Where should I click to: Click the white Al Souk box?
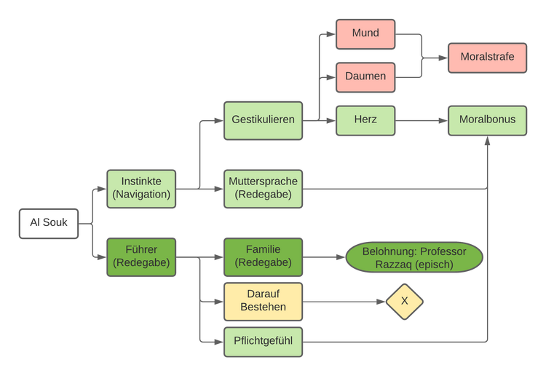click(x=49, y=224)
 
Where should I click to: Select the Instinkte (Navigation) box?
click(x=141, y=189)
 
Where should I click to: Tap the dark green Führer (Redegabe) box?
click(x=141, y=257)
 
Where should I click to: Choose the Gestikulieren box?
click(x=263, y=120)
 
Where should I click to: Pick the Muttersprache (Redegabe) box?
click(x=263, y=189)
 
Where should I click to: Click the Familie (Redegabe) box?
click(x=263, y=257)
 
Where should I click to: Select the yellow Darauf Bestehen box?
click(x=263, y=302)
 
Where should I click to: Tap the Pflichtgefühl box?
click(x=263, y=342)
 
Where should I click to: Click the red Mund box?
click(x=365, y=34)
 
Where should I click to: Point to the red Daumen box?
click(x=365, y=77)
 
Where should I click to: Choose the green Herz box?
click(x=365, y=120)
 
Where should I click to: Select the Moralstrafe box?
click(x=487, y=58)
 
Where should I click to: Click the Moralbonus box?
click(x=487, y=120)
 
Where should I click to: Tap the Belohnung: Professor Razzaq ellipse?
click(x=414, y=257)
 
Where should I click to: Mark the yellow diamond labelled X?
click(x=404, y=302)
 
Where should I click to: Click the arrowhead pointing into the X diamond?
click(x=381, y=302)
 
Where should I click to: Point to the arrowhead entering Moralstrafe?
click(x=443, y=58)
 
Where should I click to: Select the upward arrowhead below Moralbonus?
click(x=487, y=141)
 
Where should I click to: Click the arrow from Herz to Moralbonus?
click(x=422, y=120)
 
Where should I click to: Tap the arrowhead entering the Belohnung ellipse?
click(x=341, y=257)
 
